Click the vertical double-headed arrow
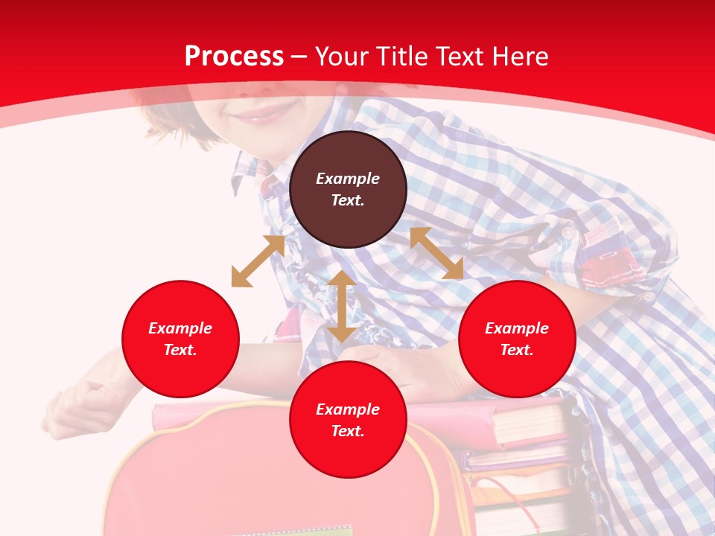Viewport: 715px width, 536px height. pos(342,306)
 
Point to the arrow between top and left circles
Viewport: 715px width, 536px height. pos(258,261)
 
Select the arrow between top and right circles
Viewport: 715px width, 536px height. pos(436,253)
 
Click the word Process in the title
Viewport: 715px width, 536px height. pos(234,57)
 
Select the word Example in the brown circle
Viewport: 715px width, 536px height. pos(348,179)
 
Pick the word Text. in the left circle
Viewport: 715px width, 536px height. pos(180,350)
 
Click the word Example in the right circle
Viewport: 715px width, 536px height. pos(517,328)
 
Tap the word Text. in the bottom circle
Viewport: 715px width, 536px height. pos(348,431)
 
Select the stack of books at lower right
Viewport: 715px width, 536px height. pos(525,462)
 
